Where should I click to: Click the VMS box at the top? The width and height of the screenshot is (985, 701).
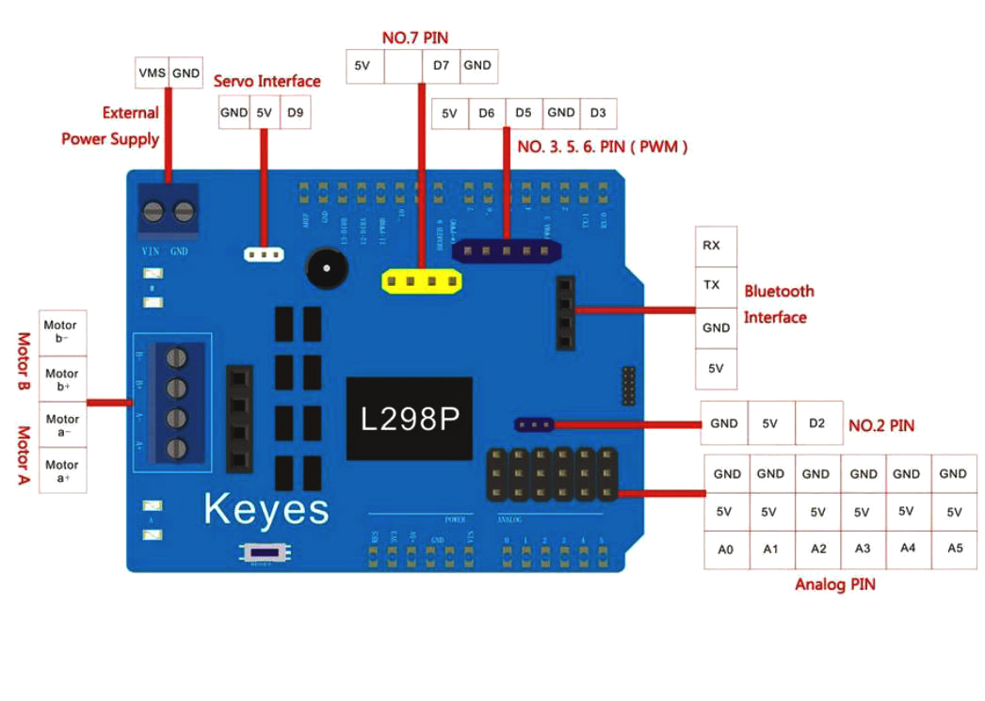153,72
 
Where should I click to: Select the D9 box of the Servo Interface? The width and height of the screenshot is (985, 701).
295,113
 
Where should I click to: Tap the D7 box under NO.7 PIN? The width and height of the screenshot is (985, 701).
441,66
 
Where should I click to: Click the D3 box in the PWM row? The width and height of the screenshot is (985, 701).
598,113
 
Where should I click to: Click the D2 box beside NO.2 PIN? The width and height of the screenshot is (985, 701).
815,423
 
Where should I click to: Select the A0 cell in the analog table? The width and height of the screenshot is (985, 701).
726,550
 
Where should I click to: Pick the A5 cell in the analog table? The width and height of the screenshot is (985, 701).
954,548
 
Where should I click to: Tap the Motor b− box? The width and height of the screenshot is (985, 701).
63,333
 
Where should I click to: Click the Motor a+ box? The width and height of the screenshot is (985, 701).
63,470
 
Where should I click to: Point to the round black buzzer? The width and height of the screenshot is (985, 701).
326,269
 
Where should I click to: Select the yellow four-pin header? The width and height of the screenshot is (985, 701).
422,280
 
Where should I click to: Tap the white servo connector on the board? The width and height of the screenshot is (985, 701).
265,254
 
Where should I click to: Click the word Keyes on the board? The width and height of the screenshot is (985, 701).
266,509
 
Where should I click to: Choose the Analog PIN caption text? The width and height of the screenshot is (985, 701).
834,584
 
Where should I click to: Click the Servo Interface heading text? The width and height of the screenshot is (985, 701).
266,82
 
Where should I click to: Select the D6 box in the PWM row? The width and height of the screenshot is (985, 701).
486,113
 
